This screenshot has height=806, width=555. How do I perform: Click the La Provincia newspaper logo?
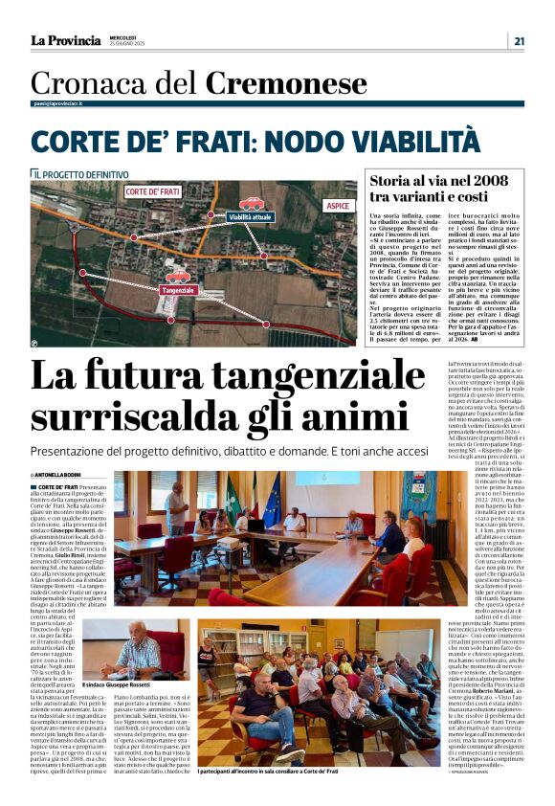[65, 40]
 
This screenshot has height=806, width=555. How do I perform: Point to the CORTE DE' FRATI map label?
[152, 191]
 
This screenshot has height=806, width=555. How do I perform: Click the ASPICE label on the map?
[338, 206]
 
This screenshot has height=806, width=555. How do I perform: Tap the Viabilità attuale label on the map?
[250, 217]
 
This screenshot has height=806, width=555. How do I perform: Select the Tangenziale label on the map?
[179, 289]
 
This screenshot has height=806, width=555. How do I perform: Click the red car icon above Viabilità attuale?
[251, 203]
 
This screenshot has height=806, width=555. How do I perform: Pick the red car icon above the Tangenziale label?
[178, 276]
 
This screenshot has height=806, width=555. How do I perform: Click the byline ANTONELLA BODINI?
[58, 475]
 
